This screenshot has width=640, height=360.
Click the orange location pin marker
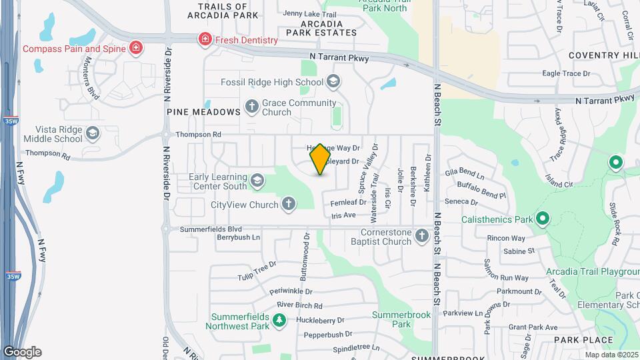coord(321,159)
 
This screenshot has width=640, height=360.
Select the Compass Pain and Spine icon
coord(136,47)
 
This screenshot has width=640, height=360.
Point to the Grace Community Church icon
coord(252,106)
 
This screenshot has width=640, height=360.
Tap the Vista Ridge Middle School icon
coord(93,134)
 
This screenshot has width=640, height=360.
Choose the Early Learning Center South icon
coord(257,181)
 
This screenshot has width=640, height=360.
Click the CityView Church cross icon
coord(288,204)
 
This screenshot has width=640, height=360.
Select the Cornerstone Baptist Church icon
coord(421,236)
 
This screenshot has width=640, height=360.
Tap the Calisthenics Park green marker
coord(543,219)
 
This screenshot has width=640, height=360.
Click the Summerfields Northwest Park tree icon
coord(279,321)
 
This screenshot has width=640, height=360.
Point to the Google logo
coord(22,352)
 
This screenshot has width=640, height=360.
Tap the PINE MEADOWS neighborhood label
coord(203,112)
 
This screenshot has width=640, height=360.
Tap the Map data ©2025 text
coord(612,355)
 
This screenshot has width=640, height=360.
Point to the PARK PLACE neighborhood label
coord(583,340)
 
